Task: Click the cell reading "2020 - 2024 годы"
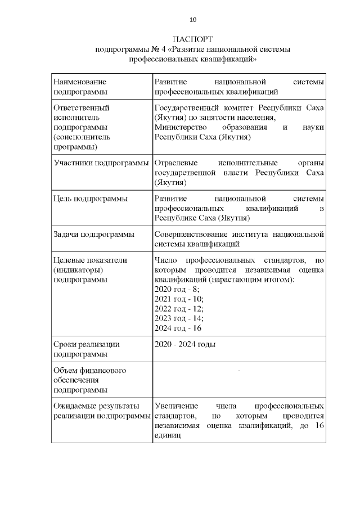point(185,344)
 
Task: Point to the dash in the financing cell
point(239,371)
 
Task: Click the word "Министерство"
point(181,128)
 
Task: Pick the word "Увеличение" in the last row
point(176,406)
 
